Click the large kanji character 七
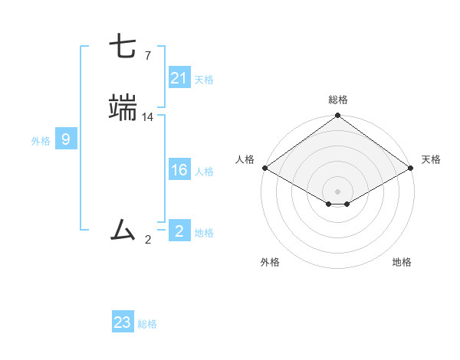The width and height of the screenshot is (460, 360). click(123, 47)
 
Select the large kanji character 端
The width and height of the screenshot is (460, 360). click(123, 108)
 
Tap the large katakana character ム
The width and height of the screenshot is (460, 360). click(123, 229)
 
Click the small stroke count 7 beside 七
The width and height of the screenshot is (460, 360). click(147, 55)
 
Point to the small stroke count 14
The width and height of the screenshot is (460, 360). click(148, 116)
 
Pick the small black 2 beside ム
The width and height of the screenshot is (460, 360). click(148, 240)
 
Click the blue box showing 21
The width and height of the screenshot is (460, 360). click(179, 78)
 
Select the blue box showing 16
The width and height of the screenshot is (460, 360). click(179, 170)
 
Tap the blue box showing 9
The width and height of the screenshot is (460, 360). click(66, 139)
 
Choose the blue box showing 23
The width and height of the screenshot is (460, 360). click(123, 322)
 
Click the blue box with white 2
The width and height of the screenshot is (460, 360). click(179, 231)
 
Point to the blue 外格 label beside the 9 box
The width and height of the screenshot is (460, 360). click(41, 140)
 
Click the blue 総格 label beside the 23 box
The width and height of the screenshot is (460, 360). click(147, 324)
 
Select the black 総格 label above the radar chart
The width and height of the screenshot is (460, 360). click(338, 100)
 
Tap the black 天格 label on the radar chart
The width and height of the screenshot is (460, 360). click(431, 159)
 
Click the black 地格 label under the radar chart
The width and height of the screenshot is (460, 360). click(402, 263)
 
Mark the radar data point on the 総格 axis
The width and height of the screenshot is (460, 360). click(337, 116)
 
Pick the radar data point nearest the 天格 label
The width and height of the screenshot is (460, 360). click(412, 168)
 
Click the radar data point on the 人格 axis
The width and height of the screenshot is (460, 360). click(264, 168)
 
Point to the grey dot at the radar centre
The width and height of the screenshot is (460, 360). click(337, 191)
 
